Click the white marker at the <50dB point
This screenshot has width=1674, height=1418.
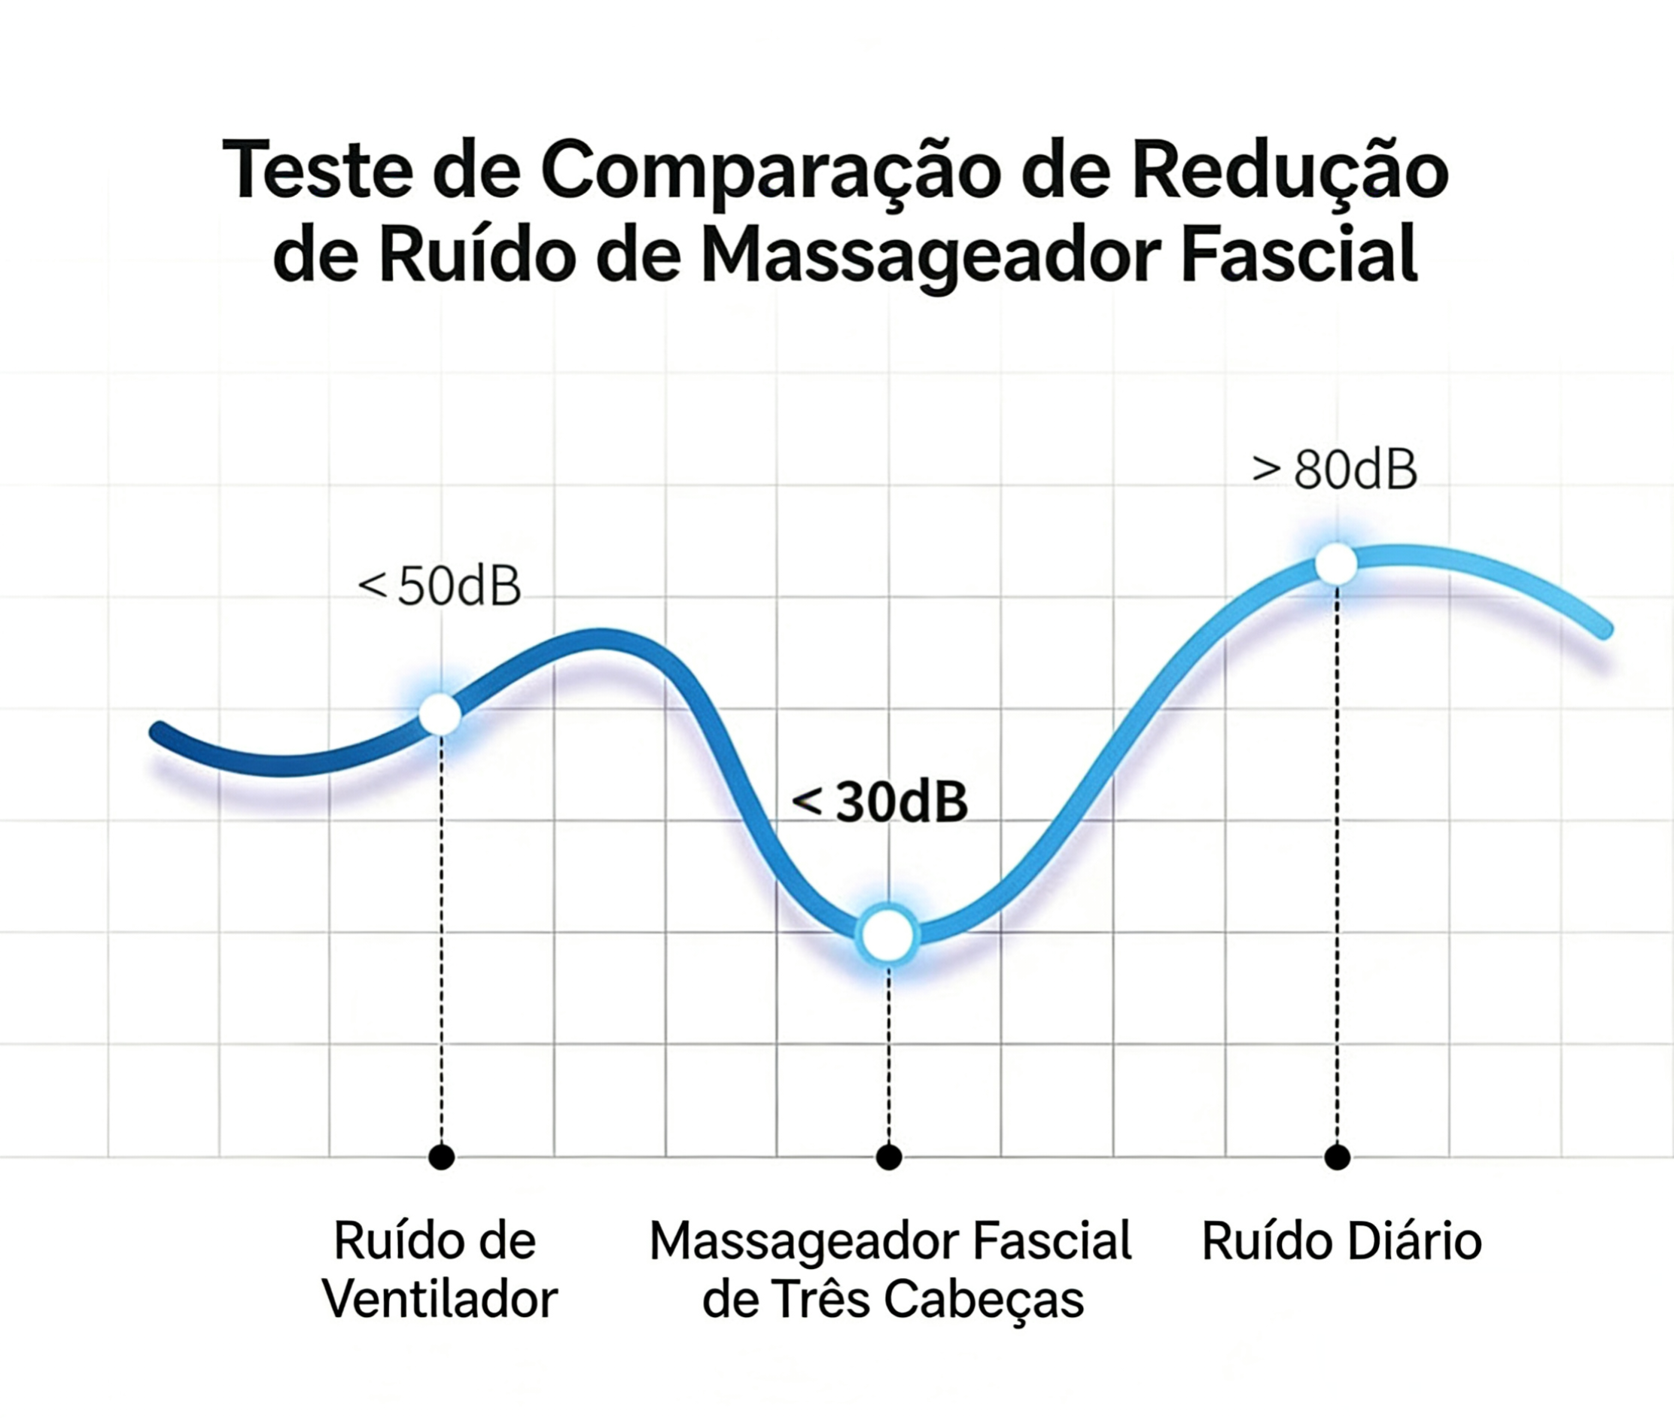tap(440, 713)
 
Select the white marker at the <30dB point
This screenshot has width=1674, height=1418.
tap(887, 935)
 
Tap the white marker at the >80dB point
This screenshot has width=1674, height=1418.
tap(1335, 564)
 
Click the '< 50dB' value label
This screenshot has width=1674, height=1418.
tap(439, 586)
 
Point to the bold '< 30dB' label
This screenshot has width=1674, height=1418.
tap(880, 802)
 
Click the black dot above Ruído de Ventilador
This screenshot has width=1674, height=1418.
tap(441, 1158)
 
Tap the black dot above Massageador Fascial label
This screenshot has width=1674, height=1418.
tap(888, 1158)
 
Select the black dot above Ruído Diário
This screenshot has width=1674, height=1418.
tap(1337, 1158)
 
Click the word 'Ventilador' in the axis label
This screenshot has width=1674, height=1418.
tap(440, 1300)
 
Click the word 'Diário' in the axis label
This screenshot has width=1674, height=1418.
tap(1414, 1241)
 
